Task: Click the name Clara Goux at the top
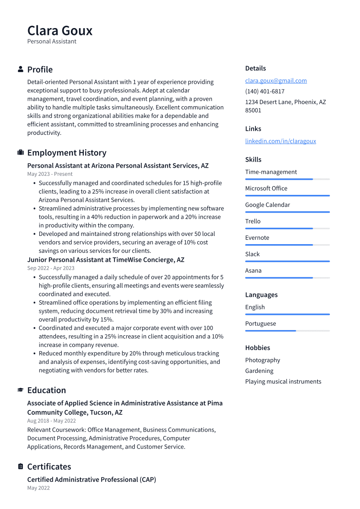coord(60,31)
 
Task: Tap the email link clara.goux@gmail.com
coord(276,80)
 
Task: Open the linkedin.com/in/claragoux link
coord(280,141)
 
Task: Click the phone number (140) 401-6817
coord(264,91)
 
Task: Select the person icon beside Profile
coord(20,69)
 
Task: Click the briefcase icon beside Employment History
coord(20,153)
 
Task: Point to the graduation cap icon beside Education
coord(20,390)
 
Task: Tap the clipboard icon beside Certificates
coord(20,467)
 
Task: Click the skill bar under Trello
coord(287,228)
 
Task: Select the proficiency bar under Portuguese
coord(287,331)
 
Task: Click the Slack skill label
coord(252,254)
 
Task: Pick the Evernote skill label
coord(257,238)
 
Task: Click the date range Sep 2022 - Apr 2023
coord(51,268)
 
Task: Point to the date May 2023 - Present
coord(50,174)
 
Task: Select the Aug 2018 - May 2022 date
coord(51,420)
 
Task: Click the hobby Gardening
coord(259,371)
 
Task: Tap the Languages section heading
coord(261,295)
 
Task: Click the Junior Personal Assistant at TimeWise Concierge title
coord(106,260)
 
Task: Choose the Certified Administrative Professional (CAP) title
coord(92,480)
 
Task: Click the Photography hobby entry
coord(262,360)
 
